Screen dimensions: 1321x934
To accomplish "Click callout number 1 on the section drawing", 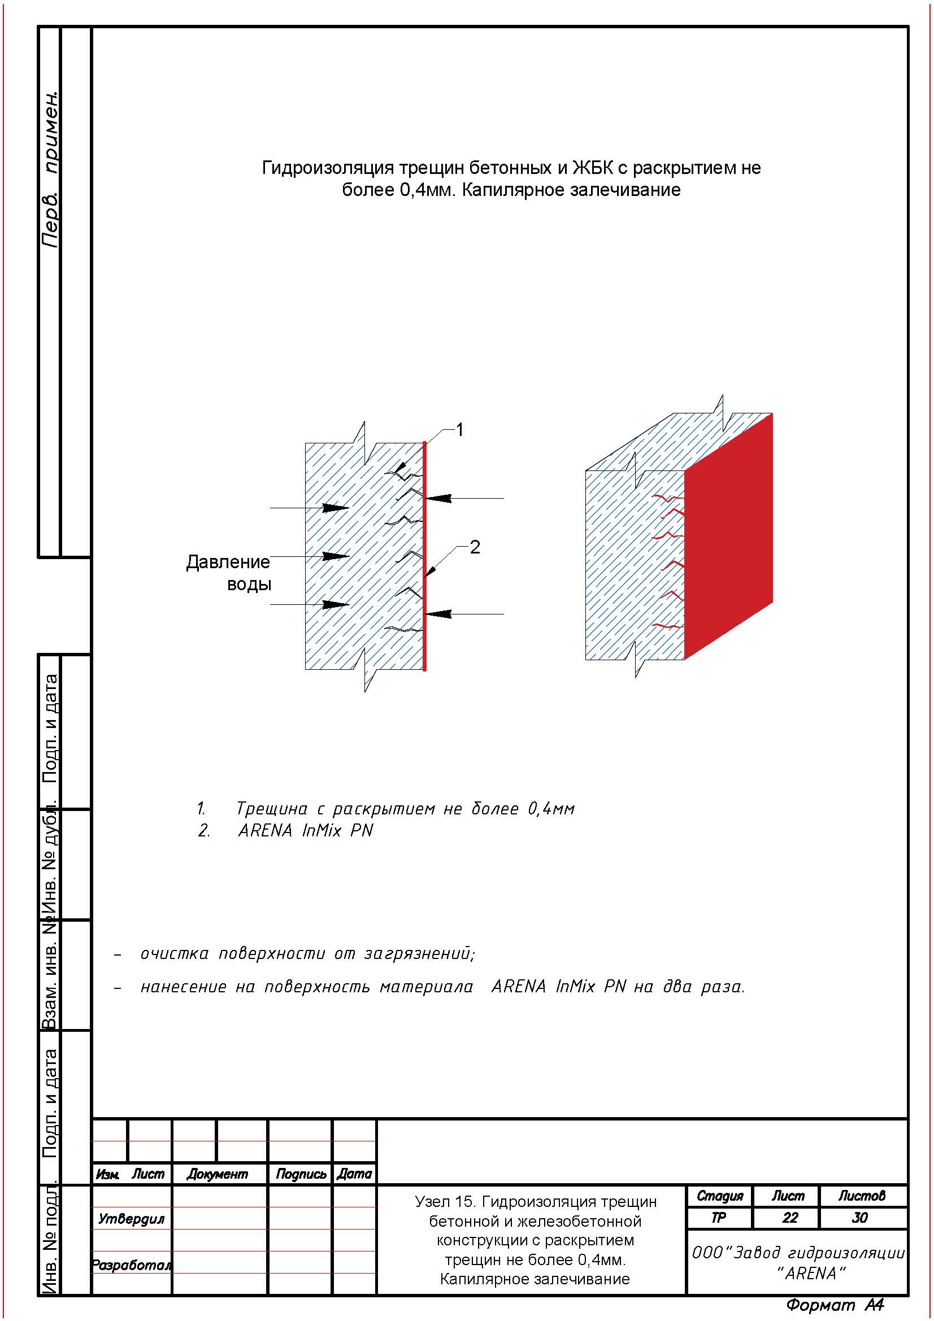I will [x=459, y=430].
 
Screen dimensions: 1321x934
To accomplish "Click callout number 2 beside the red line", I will [x=474, y=547].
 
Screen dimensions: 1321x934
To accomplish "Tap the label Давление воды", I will [x=228, y=573].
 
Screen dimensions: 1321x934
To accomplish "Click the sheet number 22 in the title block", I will [x=789, y=1218].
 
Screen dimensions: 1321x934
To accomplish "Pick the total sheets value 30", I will [x=860, y=1218].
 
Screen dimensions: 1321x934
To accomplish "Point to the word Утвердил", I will [x=131, y=1219].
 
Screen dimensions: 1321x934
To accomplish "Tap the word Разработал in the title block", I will [x=131, y=1265].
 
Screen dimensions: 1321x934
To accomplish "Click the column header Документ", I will [x=217, y=1174].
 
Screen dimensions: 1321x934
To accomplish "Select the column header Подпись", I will [x=301, y=1174].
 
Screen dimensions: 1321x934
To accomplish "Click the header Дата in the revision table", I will [x=354, y=1174].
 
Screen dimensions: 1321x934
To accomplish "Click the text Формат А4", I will [x=835, y=1305].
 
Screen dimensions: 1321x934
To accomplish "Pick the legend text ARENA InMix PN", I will [x=306, y=831].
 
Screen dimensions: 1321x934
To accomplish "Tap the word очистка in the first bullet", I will [x=175, y=954].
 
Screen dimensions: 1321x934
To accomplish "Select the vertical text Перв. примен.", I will [x=51, y=170].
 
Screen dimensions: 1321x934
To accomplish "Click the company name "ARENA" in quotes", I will [x=811, y=1274].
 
